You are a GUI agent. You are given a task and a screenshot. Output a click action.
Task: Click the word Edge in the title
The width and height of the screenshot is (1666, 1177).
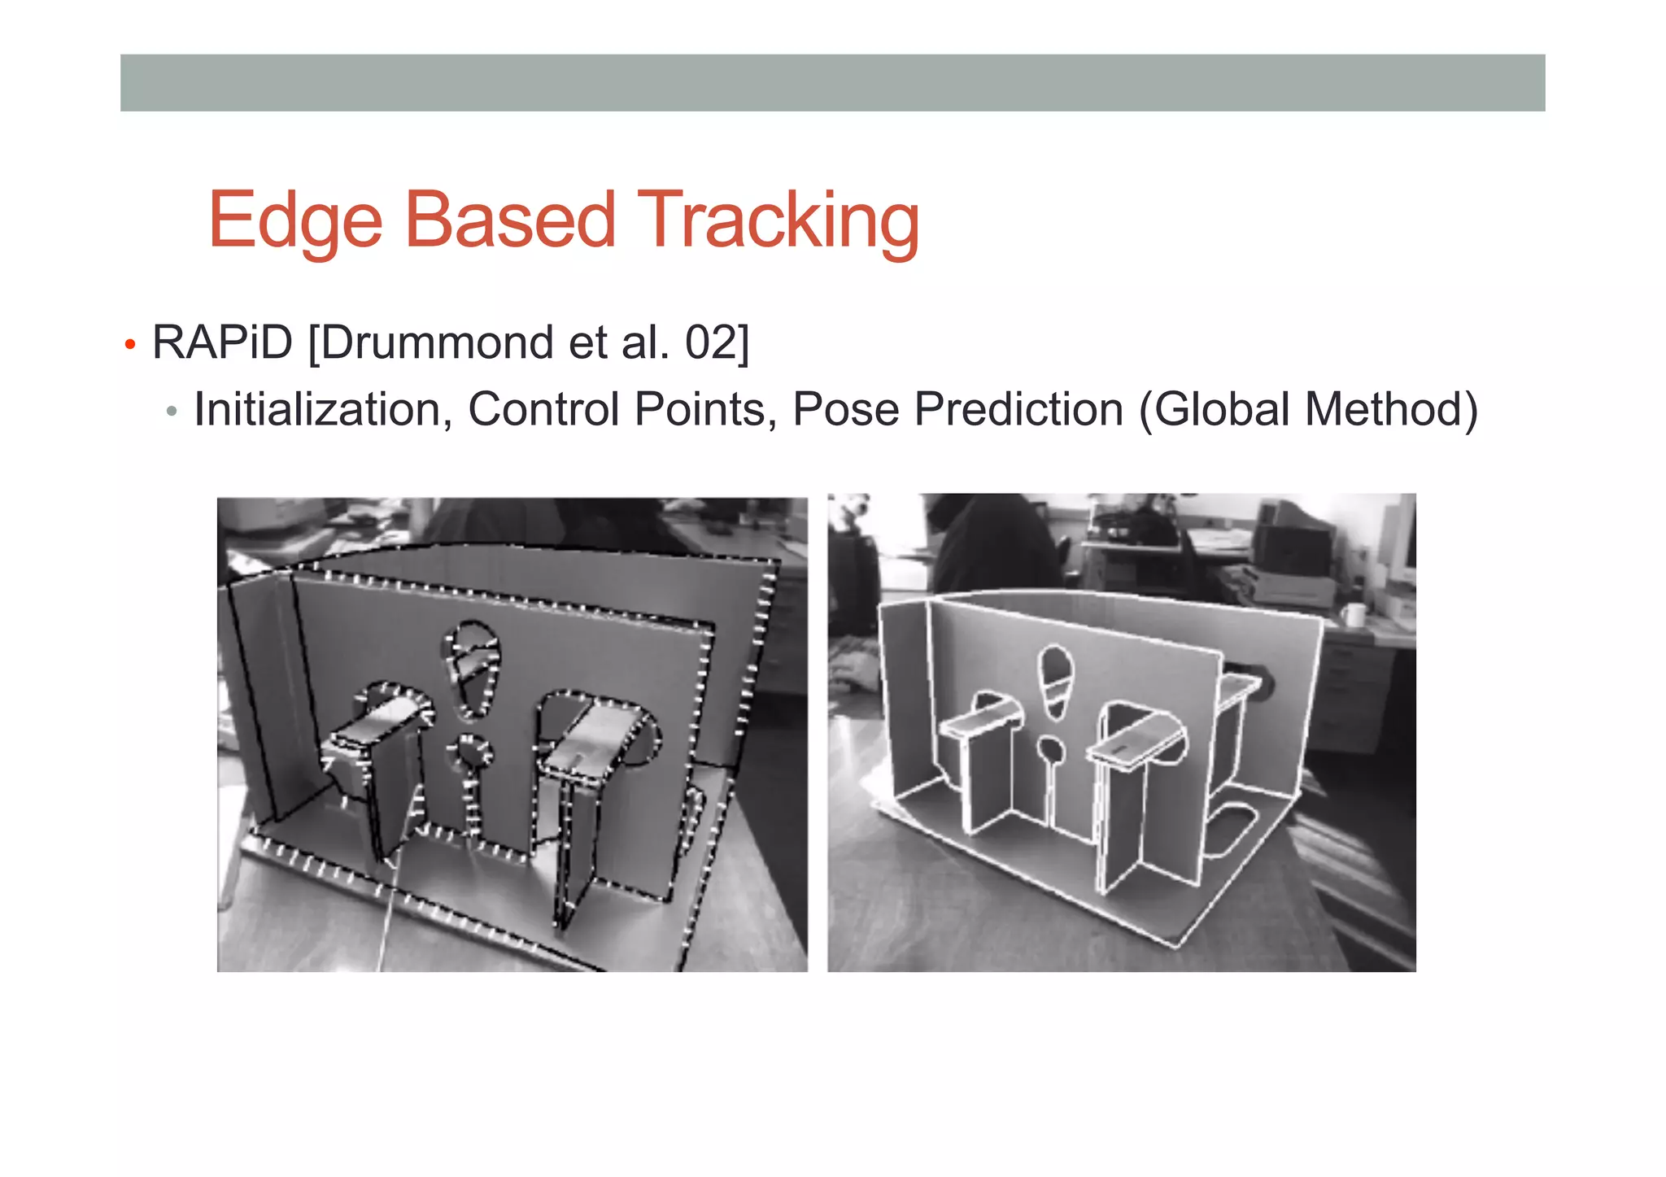coord(295,220)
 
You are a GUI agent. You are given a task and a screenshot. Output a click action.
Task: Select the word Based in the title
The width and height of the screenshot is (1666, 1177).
coord(510,220)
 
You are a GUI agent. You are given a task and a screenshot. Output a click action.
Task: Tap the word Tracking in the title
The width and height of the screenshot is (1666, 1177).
coord(778,220)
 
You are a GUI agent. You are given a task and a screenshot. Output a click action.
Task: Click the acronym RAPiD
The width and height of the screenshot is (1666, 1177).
coord(222,342)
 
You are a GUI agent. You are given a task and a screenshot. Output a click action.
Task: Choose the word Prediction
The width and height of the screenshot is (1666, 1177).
coord(1018,409)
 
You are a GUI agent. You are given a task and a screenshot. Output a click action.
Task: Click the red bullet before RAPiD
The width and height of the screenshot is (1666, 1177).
coord(129,345)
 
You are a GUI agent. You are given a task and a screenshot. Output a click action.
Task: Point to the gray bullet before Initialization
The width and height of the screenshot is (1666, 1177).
coord(171,412)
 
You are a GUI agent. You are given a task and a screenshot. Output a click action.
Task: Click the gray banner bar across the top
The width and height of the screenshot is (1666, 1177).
coord(832,83)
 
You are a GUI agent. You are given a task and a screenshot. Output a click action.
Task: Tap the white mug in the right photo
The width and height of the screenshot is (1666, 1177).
coord(1353,614)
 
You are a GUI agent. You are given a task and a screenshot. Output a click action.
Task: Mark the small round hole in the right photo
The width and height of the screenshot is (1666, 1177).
coord(1051,750)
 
